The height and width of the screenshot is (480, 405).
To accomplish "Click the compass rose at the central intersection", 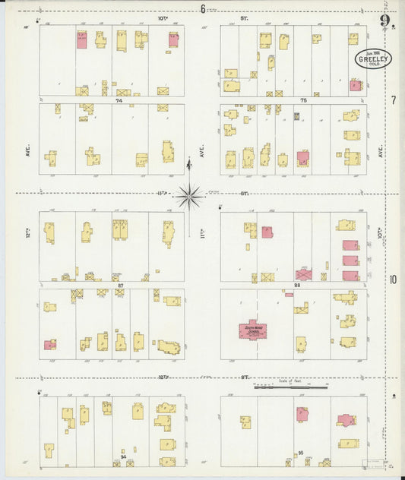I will pyautogui.click(x=190, y=196).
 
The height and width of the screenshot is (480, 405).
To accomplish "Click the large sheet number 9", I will pyautogui.click(x=386, y=21).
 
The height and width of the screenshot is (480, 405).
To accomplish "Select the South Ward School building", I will pyautogui.click(x=252, y=330).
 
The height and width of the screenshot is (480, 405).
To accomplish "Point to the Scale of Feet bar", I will pyautogui.click(x=290, y=387).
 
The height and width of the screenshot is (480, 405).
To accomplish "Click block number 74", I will pyautogui.click(x=119, y=100).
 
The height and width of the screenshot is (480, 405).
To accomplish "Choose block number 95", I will pyautogui.click(x=301, y=453).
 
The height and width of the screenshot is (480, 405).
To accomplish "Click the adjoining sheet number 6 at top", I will pyautogui.click(x=203, y=9).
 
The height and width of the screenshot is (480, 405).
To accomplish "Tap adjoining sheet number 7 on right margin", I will pyautogui.click(x=394, y=99).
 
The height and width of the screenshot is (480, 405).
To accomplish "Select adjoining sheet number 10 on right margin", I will pyautogui.click(x=393, y=279).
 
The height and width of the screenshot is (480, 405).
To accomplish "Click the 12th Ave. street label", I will pyautogui.click(x=26, y=228).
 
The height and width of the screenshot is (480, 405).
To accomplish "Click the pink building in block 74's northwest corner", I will pyautogui.click(x=81, y=40).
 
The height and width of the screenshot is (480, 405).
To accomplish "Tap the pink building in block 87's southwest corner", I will pyautogui.click(x=49, y=345).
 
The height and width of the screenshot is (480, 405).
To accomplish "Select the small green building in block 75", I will pyautogui.click(x=296, y=116).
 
